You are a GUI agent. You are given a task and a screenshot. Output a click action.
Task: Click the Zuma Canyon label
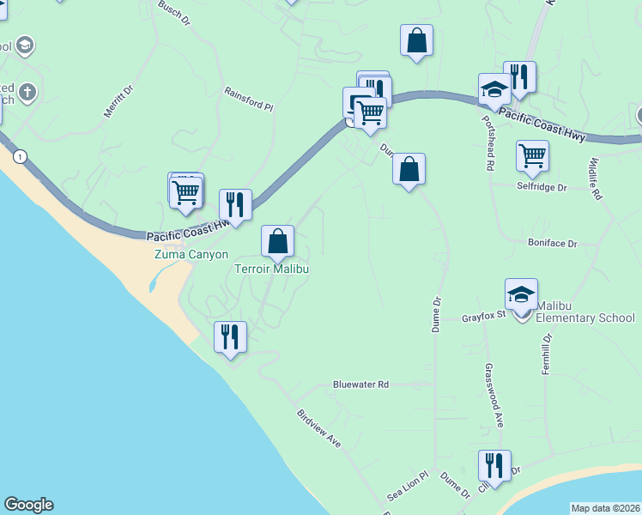point(191,254)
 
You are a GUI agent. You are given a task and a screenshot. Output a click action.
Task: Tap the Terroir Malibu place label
point(271,269)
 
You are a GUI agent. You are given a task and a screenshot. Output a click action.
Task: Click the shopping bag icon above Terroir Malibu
point(277,241)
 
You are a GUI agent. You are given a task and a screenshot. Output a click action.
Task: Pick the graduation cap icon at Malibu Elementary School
point(521,294)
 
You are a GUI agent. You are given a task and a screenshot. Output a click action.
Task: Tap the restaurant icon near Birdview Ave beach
point(229,336)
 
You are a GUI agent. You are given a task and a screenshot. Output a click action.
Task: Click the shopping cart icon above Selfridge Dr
point(532,156)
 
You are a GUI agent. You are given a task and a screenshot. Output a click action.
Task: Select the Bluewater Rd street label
point(360,385)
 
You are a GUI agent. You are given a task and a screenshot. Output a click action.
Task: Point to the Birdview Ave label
point(318,427)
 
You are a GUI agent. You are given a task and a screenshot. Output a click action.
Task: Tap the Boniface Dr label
point(553,243)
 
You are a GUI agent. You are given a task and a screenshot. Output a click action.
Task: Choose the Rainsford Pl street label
point(248,99)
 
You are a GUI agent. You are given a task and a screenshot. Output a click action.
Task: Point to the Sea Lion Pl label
point(407,486)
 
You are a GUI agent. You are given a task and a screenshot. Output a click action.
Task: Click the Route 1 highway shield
point(20,156)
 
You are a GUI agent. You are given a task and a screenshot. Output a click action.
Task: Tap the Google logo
point(28,505)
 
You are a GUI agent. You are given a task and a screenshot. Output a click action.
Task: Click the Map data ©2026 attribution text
point(605,508)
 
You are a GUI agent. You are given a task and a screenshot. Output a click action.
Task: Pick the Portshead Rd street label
point(489,142)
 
